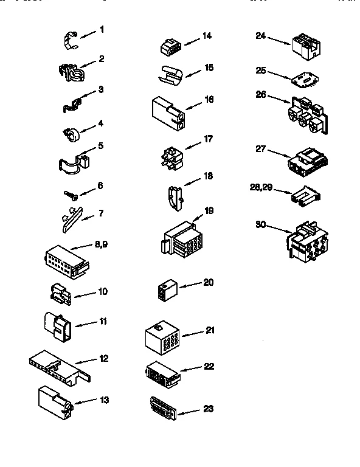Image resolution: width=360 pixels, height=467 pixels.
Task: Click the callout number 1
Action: (102, 29)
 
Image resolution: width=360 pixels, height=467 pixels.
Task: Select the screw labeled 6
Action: (70, 195)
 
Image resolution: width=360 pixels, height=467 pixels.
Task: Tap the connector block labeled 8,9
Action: (66, 260)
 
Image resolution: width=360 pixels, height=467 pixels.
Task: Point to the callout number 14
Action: (207, 36)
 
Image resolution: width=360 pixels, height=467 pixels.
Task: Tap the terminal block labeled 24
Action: (305, 44)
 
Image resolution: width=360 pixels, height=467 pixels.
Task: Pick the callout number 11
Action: (103, 321)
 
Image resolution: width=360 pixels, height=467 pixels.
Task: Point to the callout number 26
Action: (260, 94)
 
